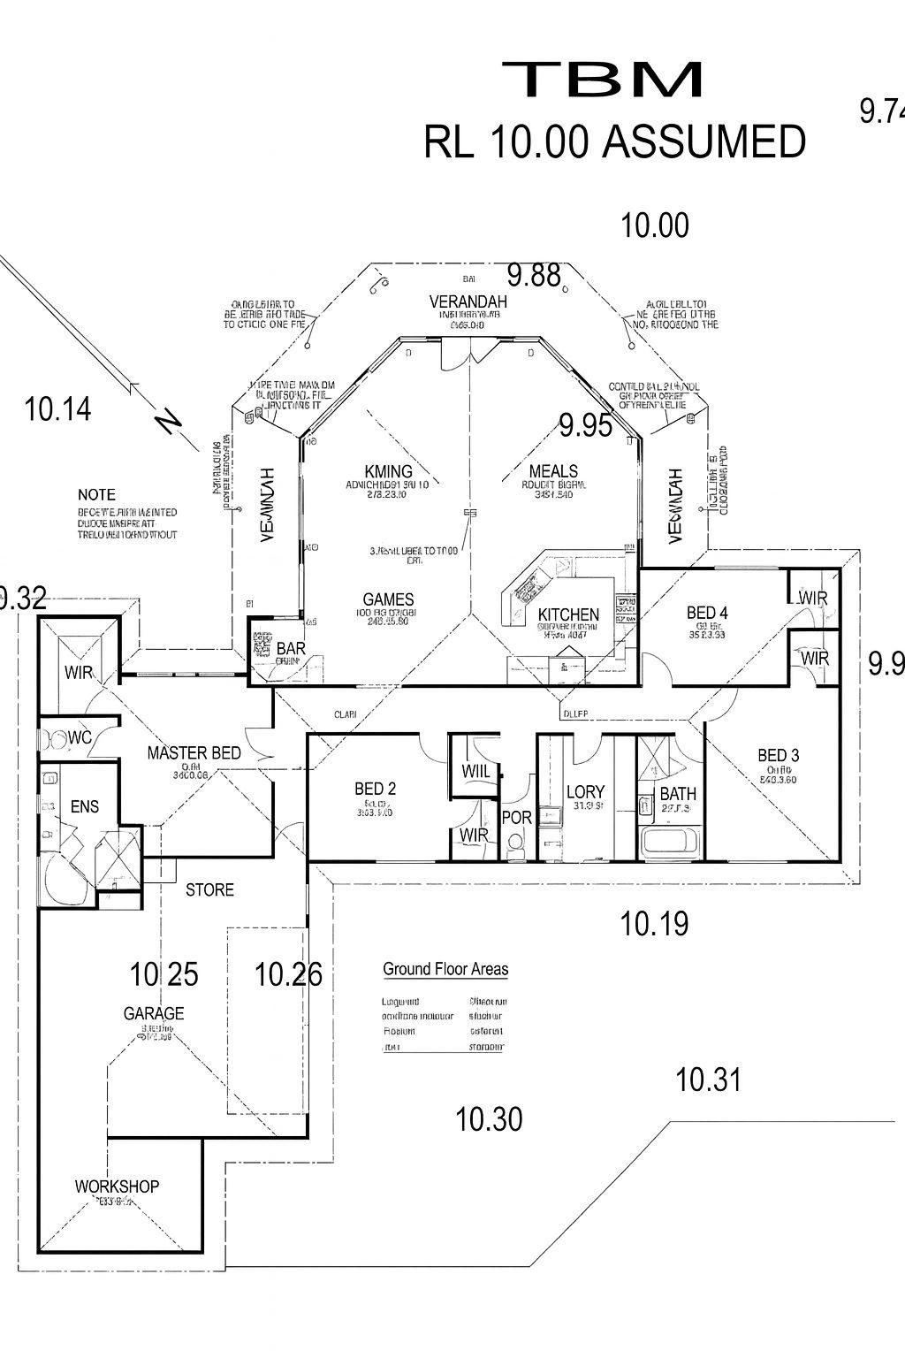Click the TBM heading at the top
[x=603, y=80]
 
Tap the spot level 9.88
[x=534, y=276]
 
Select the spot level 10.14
[x=58, y=409]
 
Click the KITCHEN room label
[x=568, y=614]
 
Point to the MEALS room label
[x=553, y=471]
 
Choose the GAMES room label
[x=388, y=599]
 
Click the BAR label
[x=291, y=649]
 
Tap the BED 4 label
[x=707, y=613]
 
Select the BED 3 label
[x=778, y=755]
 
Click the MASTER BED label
[x=194, y=753]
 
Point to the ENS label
[x=85, y=806]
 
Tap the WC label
[x=80, y=737]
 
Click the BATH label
[x=678, y=794]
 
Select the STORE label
[x=209, y=889]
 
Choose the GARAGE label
[x=154, y=1013]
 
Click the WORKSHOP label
[x=117, y=1186]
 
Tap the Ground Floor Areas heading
[x=445, y=969]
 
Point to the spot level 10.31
[x=708, y=1080]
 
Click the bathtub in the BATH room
[x=670, y=842]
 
